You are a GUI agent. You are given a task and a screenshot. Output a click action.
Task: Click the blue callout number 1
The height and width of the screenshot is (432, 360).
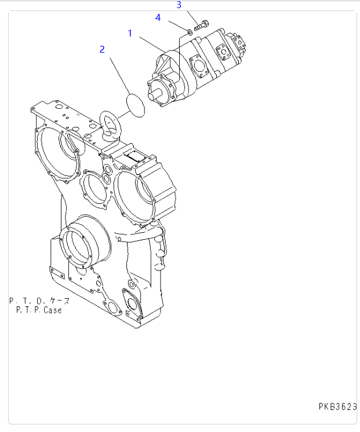pos(130,34)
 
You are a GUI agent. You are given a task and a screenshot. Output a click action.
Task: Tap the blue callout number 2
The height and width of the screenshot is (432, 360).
pos(102,49)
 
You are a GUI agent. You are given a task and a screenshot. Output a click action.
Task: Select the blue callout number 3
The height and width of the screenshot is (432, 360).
pos(179,5)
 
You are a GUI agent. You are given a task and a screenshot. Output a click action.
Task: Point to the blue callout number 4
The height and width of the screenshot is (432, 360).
pos(158,17)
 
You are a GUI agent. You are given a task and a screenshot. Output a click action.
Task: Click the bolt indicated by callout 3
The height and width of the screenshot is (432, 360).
pos(202,25)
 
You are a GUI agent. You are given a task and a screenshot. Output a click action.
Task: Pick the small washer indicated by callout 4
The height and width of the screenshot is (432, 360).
pos(190,33)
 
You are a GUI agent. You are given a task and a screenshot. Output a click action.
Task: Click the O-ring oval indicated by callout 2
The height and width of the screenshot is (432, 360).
pos(136,105)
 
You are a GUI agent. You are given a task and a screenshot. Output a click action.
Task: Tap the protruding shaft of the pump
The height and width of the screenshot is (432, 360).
pos(155,94)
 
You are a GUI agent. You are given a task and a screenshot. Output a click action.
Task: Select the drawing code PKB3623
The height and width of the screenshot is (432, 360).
pos(337,407)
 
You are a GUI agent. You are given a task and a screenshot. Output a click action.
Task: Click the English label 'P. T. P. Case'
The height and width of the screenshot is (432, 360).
pos(39,310)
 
